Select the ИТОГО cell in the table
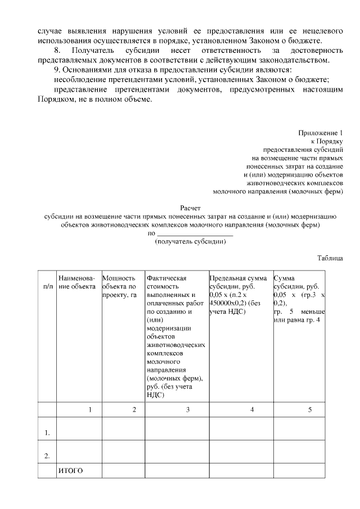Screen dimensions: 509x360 [70, 471]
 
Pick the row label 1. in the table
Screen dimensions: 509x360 [48, 433]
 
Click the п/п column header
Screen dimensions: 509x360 [48, 287]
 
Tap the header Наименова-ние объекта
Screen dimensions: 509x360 [76, 282]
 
